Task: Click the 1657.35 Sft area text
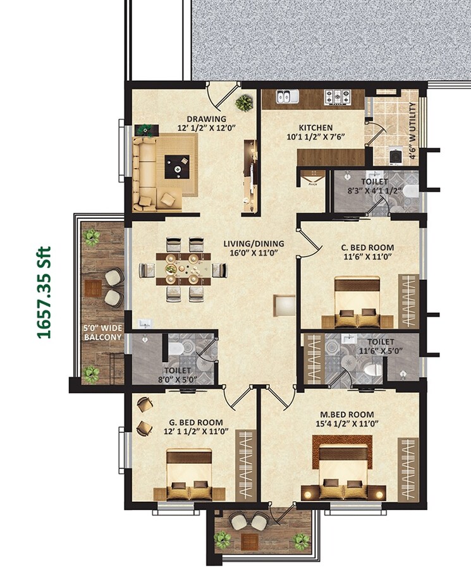pos(44,292)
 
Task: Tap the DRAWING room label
pos(206,119)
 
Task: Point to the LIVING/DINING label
pos(254,243)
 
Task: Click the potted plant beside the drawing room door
pos(243,102)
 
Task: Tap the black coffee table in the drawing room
pos(174,168)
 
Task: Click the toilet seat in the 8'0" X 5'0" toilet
pos(176,349)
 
